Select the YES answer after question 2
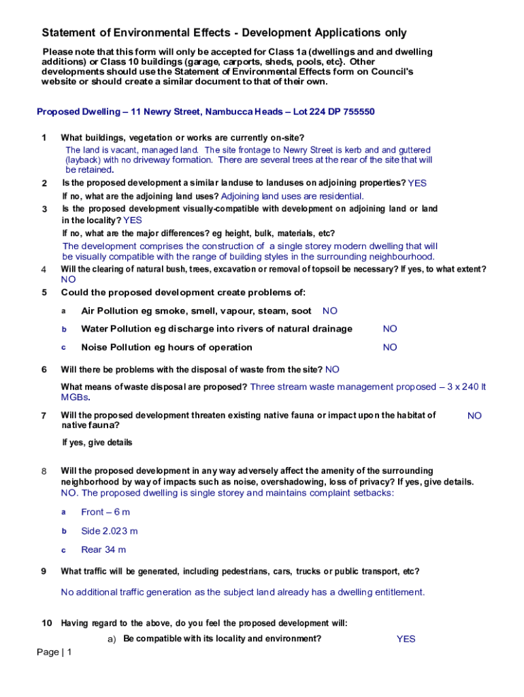[417, 183]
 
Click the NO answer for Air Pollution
[330, 311]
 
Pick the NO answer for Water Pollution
[390, 329]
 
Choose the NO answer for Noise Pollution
[390, 347]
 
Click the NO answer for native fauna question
[474, 415]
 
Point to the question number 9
[44, 571]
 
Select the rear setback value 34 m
[113, 549]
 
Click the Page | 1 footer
[54, 652]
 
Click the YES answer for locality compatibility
[406, 639]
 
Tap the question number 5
[44, 293]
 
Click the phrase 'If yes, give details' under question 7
[97, 442]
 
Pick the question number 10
[46, 623]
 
